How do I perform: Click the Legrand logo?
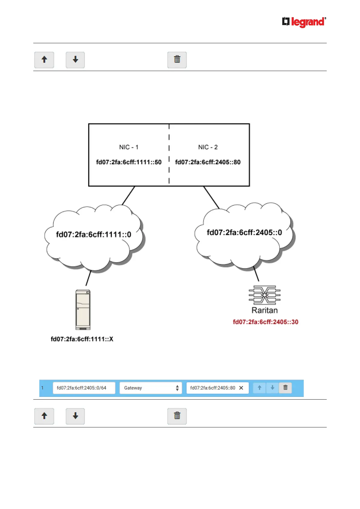click(304, 22)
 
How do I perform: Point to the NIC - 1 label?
click(129, 147)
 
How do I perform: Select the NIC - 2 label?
click(208, 147)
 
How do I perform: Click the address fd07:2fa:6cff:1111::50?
click(129, 162)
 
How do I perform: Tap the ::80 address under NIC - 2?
click(208, 162)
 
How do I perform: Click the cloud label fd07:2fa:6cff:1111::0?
click(93, 235)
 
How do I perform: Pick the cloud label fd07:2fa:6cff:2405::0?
click(244, 232)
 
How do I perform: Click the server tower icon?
click(83, 310)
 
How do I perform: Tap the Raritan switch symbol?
click(264, 295)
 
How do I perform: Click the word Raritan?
click(264, 310)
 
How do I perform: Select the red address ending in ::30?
click(265, 322)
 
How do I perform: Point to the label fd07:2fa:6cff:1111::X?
click(82, 339)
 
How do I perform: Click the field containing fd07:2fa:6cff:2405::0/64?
click(84, 388)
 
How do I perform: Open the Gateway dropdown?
click(151, 388)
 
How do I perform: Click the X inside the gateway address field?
click(241, 388)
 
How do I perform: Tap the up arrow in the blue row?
click(259, 387)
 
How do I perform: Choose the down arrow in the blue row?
click(272, 387)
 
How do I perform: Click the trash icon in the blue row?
click(285, 387)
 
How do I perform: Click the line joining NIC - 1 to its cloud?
click(128, 196)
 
